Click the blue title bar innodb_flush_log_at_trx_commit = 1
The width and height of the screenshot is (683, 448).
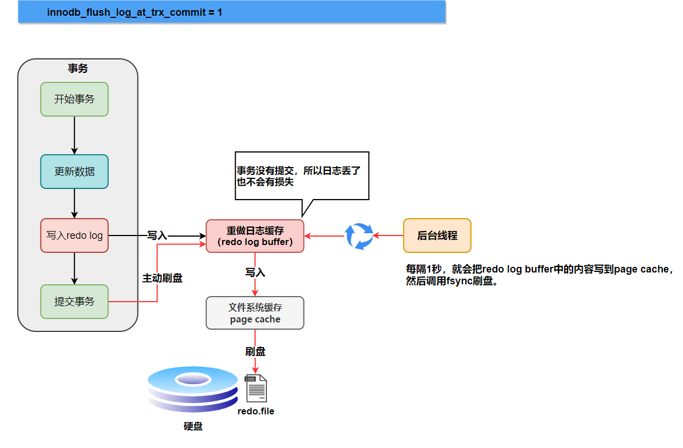click(x=232, y=12)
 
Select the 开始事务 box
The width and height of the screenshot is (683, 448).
click(x=74, y=99)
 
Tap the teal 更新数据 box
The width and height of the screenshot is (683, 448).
click(x=74, y=172)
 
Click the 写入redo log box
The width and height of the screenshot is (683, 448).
click(x=74, y=235)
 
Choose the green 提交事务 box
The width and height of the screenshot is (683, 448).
click(x=74, y=302)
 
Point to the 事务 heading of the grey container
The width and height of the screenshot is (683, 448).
click(x=77, y=69)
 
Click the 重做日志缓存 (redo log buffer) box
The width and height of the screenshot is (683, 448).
click(x=255, y=236)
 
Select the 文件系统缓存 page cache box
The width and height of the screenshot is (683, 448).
click(x=255, y=313)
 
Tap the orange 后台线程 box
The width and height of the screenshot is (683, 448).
click(x=437, y=236)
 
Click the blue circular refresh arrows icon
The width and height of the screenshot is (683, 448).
click(x=358, y=236)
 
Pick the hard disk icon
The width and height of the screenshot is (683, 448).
click(x=192, y=390)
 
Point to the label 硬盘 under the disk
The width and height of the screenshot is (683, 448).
click(x=192, y=427)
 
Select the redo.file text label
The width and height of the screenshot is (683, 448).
click(x=256, y=412)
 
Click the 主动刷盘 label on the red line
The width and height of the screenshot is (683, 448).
click(x=162, y=278)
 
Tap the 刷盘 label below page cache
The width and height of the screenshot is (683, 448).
click(x=255, y=352)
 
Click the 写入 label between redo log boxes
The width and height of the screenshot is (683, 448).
click(x=157, y=236)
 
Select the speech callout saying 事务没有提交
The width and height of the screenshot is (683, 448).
click(x=302, y=175)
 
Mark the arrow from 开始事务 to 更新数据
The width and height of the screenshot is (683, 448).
click(x=74, y=135)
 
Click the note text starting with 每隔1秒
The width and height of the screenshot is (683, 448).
click(x=538, y=275)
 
